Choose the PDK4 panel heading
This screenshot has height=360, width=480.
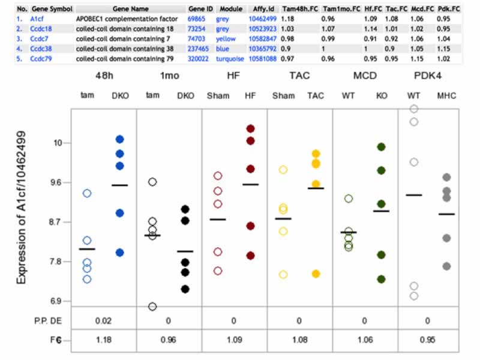[x=428, y=77]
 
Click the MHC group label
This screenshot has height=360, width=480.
[x=446, y=95]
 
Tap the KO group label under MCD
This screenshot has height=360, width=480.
[x=382, y=95]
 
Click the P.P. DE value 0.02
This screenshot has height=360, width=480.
[x=104, y=320]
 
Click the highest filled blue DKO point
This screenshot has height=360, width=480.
[x=120, y=139]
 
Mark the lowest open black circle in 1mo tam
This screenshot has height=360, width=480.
[x=152, y=307]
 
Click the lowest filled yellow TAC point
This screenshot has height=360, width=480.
[x=316, y=274]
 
